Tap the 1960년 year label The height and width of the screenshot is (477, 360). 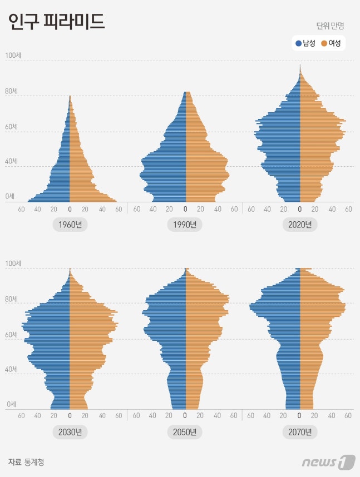[x=70, y=225]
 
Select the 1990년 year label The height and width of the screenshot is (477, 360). [x=185, y=225]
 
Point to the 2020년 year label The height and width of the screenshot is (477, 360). [x=300, y=225]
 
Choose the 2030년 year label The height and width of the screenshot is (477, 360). [x=70, y=432]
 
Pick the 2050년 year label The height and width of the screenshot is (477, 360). [x=185, y=432]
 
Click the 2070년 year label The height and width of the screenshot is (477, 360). [x=300, y=432]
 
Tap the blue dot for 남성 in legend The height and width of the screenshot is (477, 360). [x=299, y=43]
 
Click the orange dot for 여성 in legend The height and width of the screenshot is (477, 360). [x=324, y=43]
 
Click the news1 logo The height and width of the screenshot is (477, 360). [x=328, y=461]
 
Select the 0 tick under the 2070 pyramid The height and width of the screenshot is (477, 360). [x=300, y=415]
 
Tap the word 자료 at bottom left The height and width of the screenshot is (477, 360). [x=14, y=461]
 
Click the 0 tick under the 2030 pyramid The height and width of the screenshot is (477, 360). [x=70, y=415]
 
